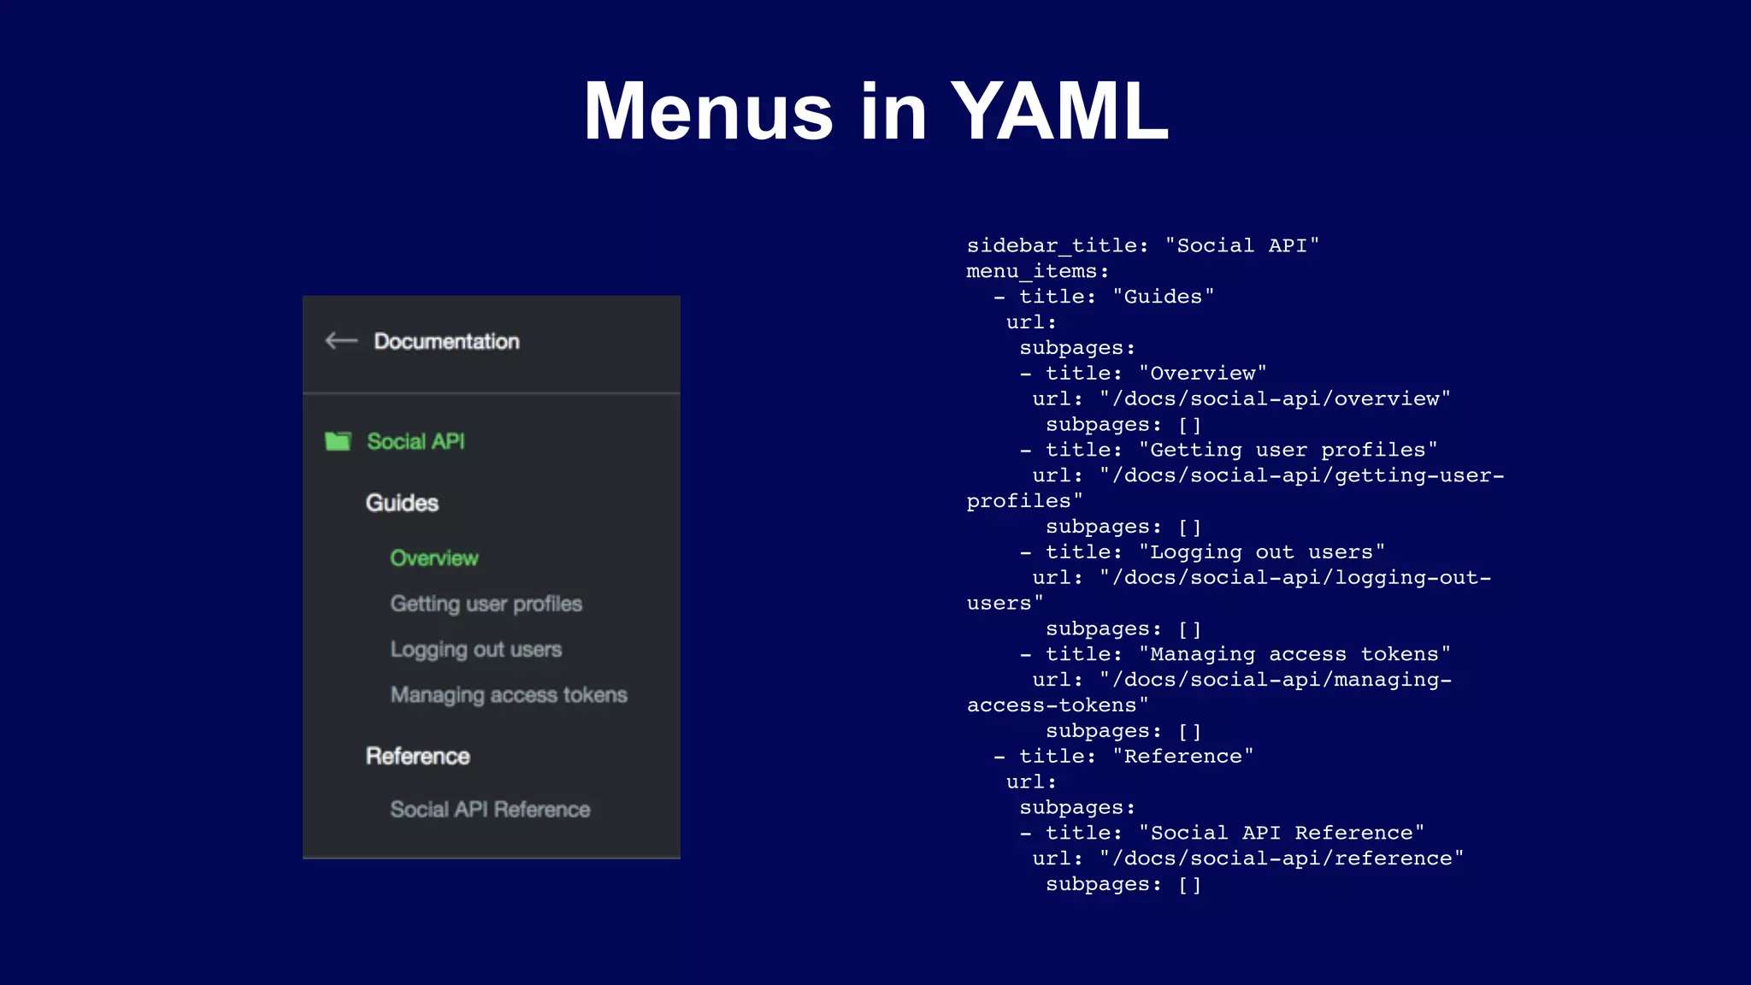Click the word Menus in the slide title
click(708, 111)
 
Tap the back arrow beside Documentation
click(341, 341)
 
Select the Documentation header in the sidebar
click(446, 341)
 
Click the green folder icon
click(338, 441)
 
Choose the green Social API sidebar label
click(416, 441)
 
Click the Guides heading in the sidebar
click(402, 503)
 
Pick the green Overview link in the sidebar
click(434, 558)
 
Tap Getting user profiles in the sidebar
click(486, 604)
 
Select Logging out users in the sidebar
click(475, 650)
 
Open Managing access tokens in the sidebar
click(509, 695)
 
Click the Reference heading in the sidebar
click(418, 756)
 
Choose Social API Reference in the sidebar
click(490, 810)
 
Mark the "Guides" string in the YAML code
click(1163, 297)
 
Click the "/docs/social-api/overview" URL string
click(1275, 399)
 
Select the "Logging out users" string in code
click(1261, 552)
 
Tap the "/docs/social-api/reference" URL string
click(1282, 858)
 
